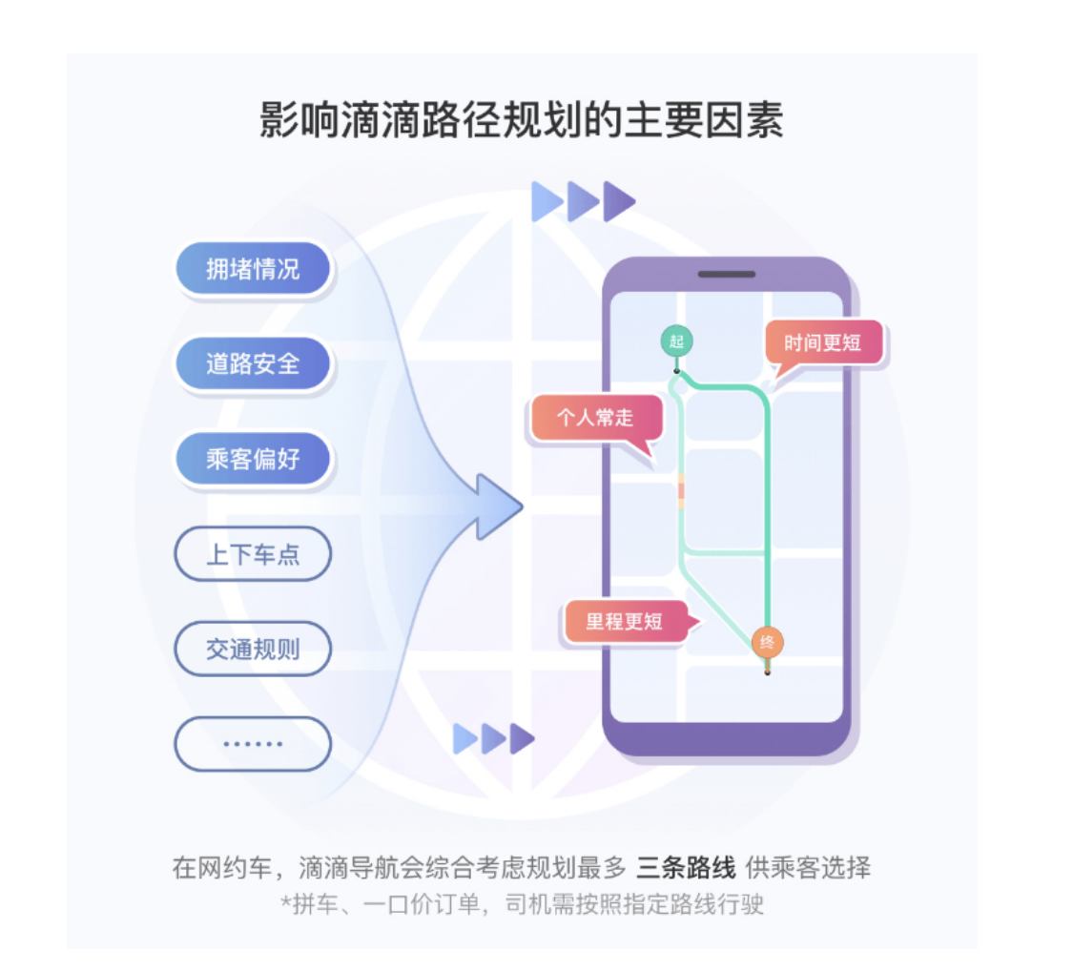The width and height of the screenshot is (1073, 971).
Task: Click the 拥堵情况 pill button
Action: [x=253, y=269]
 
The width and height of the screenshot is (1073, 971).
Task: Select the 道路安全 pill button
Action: [x=253, y=363]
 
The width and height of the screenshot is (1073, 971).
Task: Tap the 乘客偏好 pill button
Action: [x=253, y=459]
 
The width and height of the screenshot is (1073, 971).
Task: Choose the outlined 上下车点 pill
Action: [x=253, y=554]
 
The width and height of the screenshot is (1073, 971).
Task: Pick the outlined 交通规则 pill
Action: [x=253, y=650]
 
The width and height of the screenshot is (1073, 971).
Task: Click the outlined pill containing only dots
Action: [x=253, y=744]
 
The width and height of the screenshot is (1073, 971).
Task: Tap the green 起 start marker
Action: [x=676, y=341]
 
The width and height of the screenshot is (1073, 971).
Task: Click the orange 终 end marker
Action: [x=767, y=642]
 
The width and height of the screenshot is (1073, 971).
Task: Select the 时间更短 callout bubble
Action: [x=822, y=343]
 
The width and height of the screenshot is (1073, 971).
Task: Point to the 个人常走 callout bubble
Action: [x=595, y=418]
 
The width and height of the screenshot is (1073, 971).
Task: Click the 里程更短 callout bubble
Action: [x=625, y=622]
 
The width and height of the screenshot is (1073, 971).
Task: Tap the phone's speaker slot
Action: [x=727, y=275]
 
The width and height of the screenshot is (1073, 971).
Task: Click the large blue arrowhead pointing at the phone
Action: [x=499, y=506]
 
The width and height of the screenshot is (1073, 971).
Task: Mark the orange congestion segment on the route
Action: [x=681, y=490]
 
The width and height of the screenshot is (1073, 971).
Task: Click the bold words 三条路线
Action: [x=686, y=868]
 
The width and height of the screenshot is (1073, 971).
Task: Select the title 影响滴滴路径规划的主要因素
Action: [x=522, y=122]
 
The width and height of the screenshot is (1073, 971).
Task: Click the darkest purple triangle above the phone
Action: [x=619, y=201]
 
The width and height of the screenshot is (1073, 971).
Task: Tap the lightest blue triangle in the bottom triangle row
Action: [x=464, y=738]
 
